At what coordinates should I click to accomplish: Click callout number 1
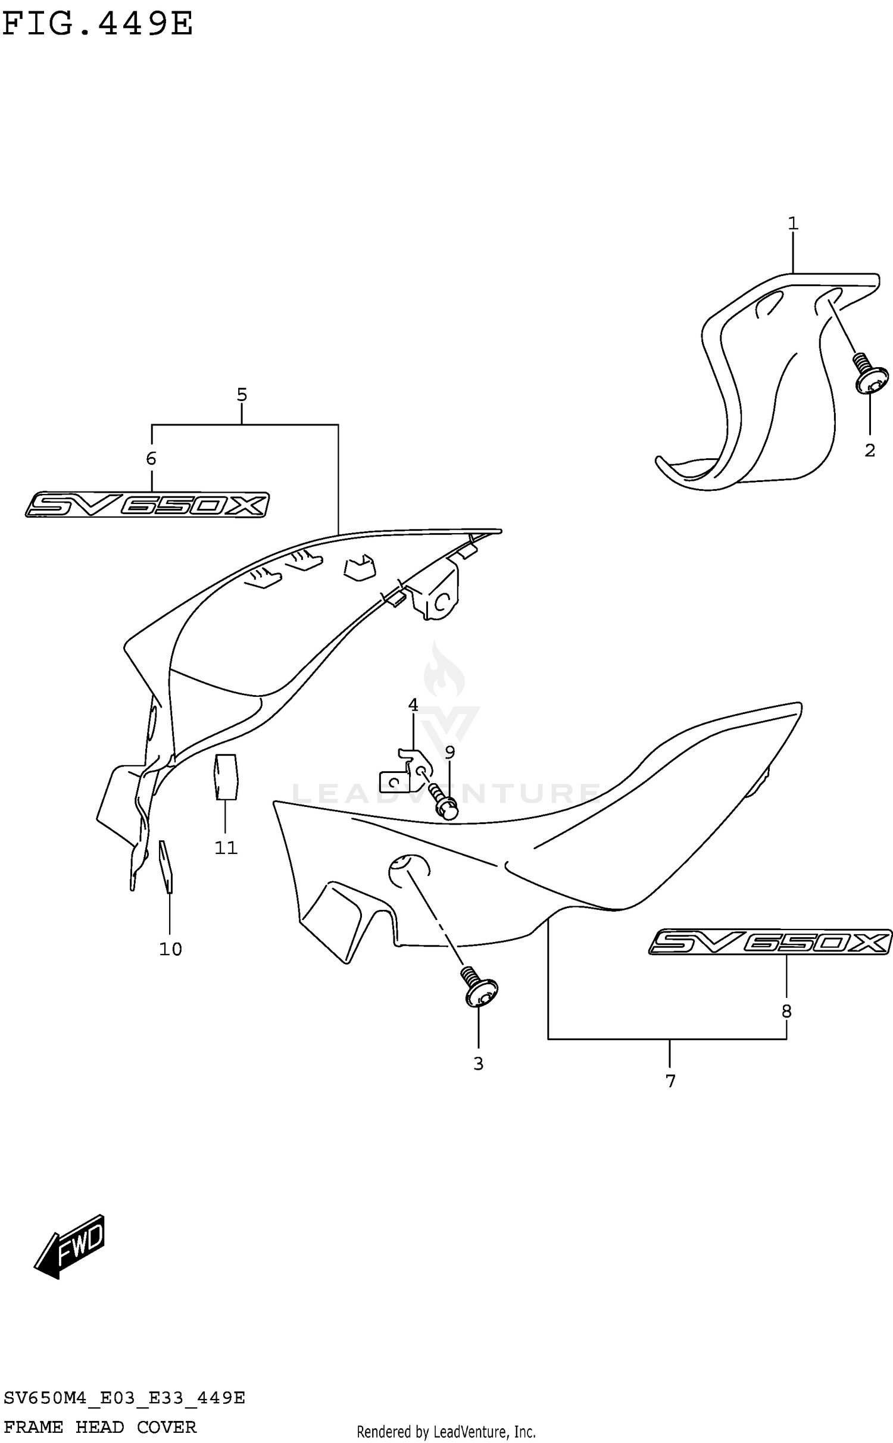[792, 224]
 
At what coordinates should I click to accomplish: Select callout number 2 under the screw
[869, 450]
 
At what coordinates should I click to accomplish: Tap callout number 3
[478, 1064]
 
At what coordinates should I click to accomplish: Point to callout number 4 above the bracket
[413, 705]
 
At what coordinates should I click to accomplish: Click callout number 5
[242, 395]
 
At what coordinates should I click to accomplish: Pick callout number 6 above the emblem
[151, 458]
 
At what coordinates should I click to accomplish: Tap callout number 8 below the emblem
[786, 1011]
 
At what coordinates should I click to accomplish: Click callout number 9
[449, 753]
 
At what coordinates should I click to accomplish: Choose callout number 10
[170, 949]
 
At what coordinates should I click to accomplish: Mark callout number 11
[226, 848]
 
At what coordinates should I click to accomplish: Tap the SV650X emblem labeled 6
[147, 505]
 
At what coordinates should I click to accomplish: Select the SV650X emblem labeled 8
[770, 942]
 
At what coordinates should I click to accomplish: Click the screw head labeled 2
[872, 380]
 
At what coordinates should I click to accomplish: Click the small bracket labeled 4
[405, 774]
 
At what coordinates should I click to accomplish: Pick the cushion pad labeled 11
[226, 776]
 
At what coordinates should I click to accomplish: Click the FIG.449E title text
[98, 24]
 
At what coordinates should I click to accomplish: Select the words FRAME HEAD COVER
[100, 1428]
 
